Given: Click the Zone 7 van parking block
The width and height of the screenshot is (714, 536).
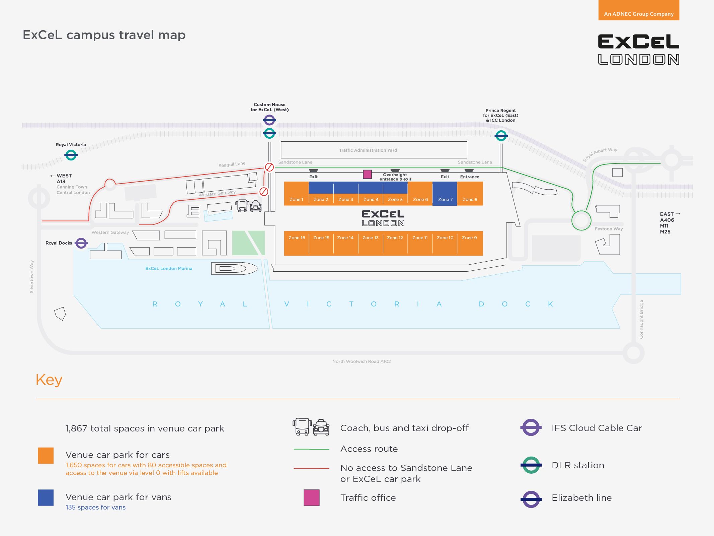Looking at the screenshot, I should coord(445,193).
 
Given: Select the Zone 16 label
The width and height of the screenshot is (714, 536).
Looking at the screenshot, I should coord(297,238).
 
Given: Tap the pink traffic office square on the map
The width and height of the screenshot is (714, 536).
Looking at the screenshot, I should coord(367,174).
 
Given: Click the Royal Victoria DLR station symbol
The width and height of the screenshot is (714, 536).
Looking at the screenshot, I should coord(71,155).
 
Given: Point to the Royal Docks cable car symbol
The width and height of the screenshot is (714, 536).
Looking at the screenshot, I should coord(81,243).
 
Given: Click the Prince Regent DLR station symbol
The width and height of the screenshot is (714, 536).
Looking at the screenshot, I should coord(501,136).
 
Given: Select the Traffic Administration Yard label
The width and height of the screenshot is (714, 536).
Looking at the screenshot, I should coord(368,150).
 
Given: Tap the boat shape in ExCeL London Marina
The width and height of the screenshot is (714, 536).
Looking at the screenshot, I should coord(234,268).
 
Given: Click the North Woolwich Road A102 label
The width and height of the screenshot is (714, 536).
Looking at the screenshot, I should coord(362,361).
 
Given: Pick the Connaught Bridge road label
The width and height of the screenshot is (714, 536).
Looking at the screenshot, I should coord(641,319).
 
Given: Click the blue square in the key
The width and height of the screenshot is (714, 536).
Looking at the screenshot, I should coord(46,497).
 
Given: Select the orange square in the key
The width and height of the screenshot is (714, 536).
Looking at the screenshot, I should coord(46,456).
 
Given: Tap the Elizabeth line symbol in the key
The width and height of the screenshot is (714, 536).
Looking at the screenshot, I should coord(531,499).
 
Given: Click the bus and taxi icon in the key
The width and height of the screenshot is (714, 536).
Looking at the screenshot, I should coord(311,427).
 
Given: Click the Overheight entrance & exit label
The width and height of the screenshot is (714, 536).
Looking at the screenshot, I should coord(395,177).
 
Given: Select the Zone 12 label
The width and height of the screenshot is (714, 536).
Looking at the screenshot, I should coord(395,238).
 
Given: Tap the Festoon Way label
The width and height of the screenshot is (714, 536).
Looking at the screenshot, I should coord(609,229).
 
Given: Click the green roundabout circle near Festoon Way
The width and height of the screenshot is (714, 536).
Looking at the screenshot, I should coord(581,220).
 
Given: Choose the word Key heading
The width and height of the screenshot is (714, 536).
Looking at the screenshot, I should coord(49,380).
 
